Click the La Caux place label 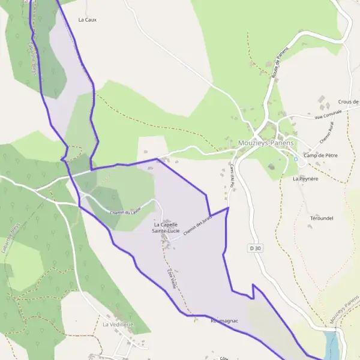(87, 20)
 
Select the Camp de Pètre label (320, 155)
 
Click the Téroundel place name (322, 218)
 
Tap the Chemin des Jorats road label (198, 229)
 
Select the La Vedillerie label (118, 325)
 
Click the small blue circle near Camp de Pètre (296, 159)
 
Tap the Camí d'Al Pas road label (231, 176)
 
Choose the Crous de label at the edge (348, 102)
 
